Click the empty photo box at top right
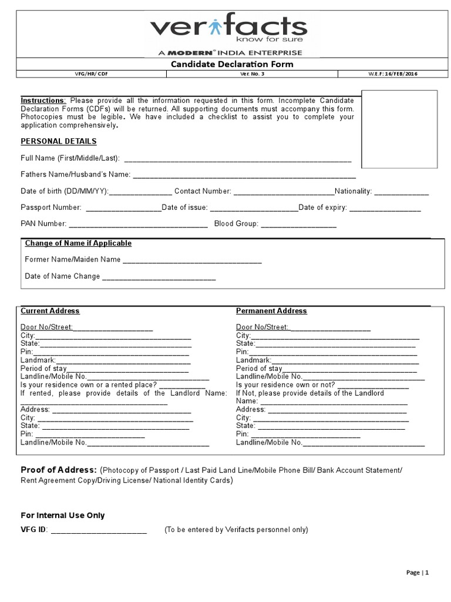pyautogui.click(x=399, y=129)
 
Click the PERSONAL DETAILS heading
pyautogui.click(x=59, y=142)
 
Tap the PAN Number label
pyautogui.click(x=43, y=224)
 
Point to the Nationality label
pyautogui.click(x=354, y=192)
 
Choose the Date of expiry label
pyautogui.click(x=322, y=208)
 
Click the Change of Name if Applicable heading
pyautogui.click(x=78, y=243)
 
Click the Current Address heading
pyautogui.click(x=50, y=311)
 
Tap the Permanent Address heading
pyautogui.click(x=271, y=311)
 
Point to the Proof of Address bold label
pyautogui.click(x=59, y=470)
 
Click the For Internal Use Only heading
pyautogui.click(x=63, y=516)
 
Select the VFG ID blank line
pyautogui.click(x=99, y=531)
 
